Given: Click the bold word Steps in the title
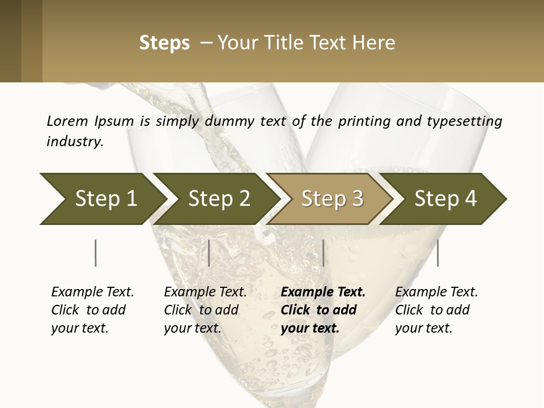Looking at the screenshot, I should tap(164, 43).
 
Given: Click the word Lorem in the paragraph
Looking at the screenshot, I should tap(66, 121).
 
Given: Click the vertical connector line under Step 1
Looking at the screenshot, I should tap(96, 253).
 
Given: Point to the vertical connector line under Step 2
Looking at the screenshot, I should tap(209, 253).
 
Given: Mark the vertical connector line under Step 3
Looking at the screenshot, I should tap(323, 253).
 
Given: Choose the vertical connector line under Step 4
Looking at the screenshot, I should tap(438, 253).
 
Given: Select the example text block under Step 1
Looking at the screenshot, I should tap(92, 310).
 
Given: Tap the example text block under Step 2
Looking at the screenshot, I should tap(205, 310).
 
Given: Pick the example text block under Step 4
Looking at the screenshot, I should tap(436, 310).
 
